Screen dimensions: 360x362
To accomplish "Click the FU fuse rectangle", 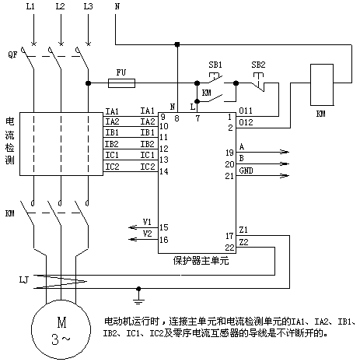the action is click(121, 83).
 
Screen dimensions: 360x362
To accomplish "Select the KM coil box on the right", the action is click(322, 85).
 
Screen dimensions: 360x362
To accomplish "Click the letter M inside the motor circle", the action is click(61, 322).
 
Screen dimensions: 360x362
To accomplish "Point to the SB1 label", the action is click(215, 65).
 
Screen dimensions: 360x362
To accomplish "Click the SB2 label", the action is click(258, 65).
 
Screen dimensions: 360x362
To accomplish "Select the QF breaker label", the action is click(12, 54).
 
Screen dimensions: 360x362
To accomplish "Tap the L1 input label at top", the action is click(30, 6).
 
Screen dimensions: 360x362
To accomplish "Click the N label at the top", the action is click(117, 6).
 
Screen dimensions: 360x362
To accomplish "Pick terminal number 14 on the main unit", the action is click(164, 171).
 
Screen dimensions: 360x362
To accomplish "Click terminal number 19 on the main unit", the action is click(229, 153).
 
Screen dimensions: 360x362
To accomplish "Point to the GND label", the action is click(246, 170).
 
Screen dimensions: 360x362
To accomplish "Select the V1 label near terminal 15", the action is click(147, 222).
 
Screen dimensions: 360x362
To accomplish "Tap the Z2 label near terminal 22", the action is click(243, 242).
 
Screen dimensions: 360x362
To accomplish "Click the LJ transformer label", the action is click(24, 280).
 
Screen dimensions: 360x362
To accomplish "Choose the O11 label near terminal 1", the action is click(246, 111).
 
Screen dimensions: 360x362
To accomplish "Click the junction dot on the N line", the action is click(177, 44).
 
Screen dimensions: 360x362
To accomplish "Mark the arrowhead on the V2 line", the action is click(133, 239).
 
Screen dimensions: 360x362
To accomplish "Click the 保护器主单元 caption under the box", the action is click(201, 261).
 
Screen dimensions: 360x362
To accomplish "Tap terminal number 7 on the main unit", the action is click(197, 118).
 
